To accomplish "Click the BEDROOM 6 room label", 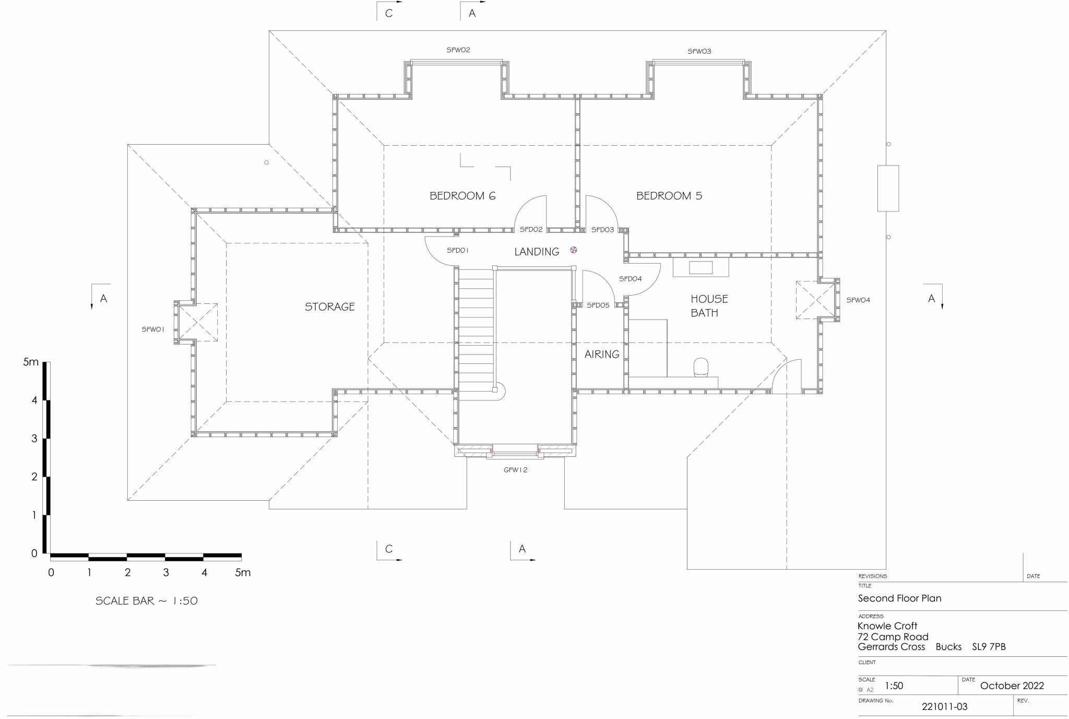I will coord(462,196).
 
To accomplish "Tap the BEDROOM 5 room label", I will coord(669,196).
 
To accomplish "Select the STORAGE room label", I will coord(329,307).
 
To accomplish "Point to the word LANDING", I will coord(536,252).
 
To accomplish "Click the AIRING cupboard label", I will coord(601,354).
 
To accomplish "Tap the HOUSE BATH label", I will coord(708,305).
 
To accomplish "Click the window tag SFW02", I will coord(458,50).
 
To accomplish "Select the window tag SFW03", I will coord(699,51).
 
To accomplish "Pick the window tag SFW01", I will coord(153,329).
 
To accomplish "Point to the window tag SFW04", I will coord(858,300).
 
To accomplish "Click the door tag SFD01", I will coord(457,251).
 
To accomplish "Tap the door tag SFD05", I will coord(598,305).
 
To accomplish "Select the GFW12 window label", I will coord(515,470).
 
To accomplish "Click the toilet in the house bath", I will coord(700,367).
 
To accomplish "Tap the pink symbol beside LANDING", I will coord(574,250).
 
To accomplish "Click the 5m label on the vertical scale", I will coord(30,362).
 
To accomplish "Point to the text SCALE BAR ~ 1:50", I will coord(146,601).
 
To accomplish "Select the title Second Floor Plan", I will coord(899,598).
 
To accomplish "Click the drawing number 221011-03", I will coord(944,706).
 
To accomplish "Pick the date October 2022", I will coord(1012,686).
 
